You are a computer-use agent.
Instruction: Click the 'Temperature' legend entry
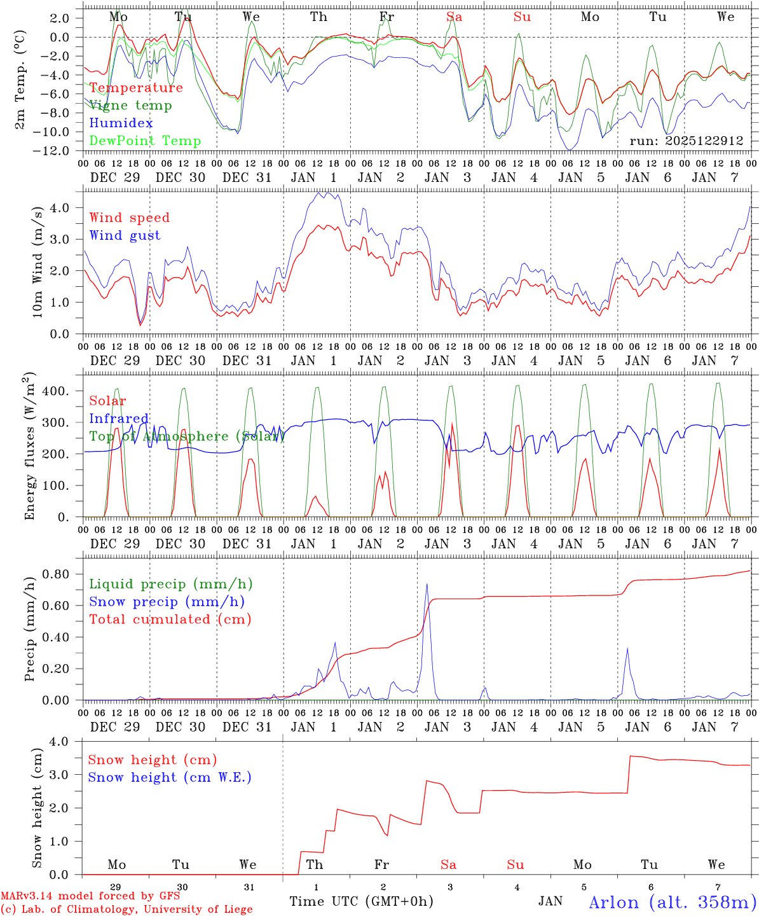136,88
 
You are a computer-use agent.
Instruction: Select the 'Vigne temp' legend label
130,106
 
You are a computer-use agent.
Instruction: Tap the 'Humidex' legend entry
121,123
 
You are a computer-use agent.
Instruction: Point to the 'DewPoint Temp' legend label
145,141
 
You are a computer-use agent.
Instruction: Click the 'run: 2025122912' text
686,141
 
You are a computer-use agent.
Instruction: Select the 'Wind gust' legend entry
125,235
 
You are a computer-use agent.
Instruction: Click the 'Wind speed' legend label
130,218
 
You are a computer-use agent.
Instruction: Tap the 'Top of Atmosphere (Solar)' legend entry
187,436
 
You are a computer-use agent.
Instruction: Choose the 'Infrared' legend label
119,419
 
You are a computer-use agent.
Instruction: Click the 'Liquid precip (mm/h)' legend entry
170,584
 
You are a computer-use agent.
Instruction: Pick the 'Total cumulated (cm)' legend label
170,619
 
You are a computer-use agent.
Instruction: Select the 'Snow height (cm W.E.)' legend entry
170,777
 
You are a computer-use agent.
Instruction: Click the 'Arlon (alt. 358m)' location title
673,902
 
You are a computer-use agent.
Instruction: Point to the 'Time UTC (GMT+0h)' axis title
361,901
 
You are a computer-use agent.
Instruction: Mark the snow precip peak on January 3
427,584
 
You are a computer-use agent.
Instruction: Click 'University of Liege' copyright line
126,910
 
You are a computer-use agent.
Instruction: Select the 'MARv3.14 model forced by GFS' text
90,896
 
